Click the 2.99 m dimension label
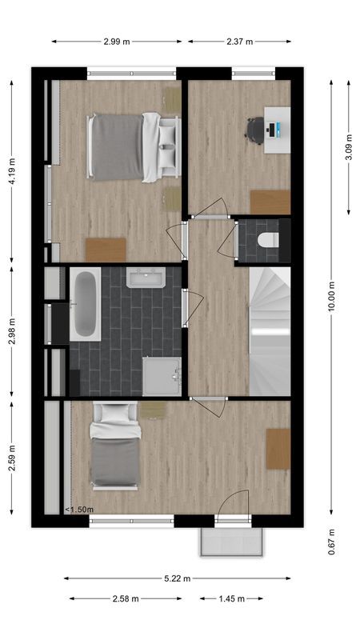(x=117, y=42)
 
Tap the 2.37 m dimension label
(x=239, y=42)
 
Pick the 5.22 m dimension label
(x=178, y=578)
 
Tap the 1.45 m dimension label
(x=232, y=598)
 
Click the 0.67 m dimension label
(x=331, y=541)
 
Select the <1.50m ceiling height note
(x=80, y=509)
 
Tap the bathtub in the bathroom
(x=85, y=304)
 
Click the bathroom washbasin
(x=146, y=278)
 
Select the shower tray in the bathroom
(x=162, y=376)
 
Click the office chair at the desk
(x=256, y=130)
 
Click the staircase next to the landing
(x=270, y=331)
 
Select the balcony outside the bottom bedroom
(x=231, y=542)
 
